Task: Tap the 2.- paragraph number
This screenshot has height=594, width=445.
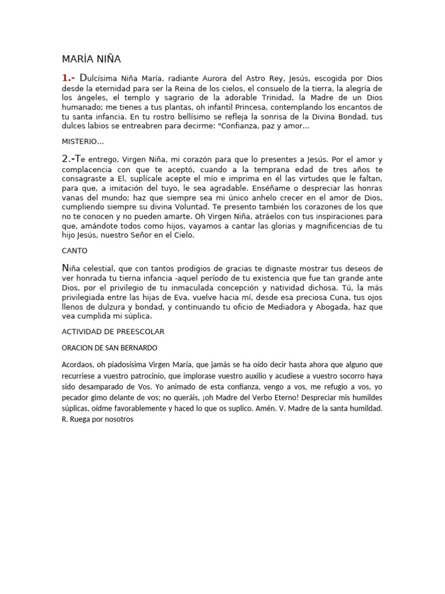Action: (x=70, y=158)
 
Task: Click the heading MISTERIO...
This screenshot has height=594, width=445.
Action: (x=82, y=141)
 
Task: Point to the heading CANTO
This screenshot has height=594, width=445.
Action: (x=74, y=251)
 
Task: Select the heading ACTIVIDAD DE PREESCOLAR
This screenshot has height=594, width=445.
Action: (x=113, y=331)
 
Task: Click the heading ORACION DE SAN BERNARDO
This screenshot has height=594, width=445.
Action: (x=109, y=347)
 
